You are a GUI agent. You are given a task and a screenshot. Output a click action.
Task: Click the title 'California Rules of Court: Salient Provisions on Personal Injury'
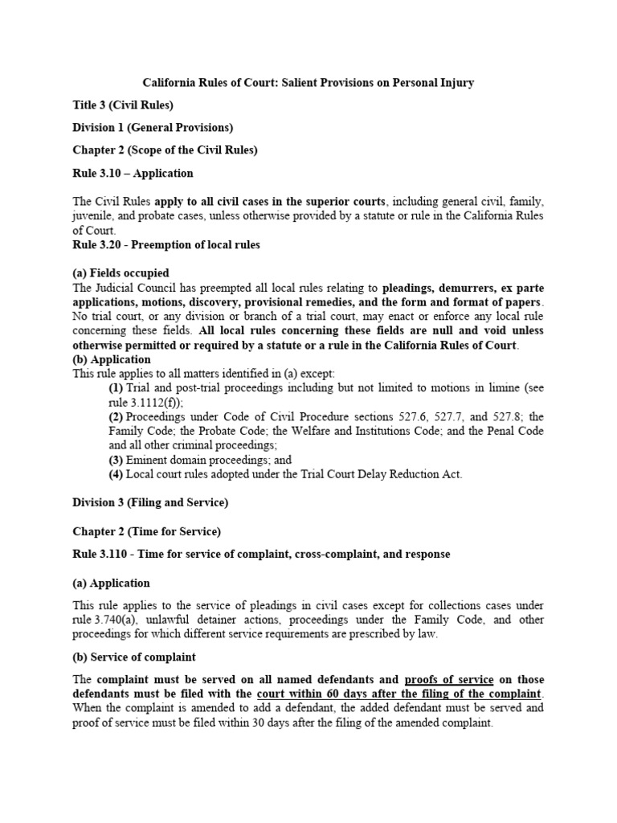308,83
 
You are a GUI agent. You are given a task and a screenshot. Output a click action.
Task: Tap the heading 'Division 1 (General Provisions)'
153,128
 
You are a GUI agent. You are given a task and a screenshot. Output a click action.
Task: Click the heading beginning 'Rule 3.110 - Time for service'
261,555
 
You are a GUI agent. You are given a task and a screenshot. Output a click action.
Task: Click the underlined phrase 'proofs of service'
448,679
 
